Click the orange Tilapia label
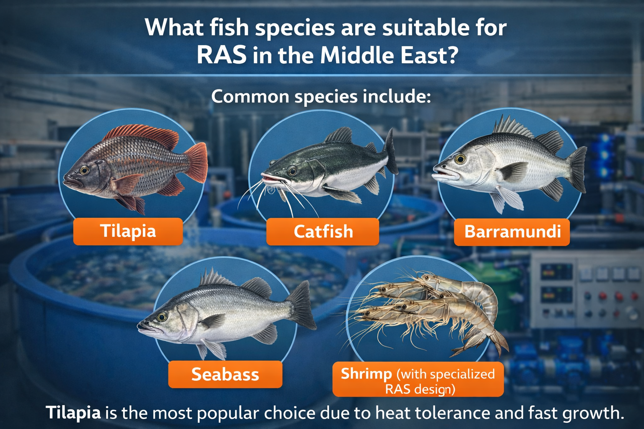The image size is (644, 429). (128, 231)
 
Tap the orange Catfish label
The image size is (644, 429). (322, 232)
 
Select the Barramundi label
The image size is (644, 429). (512, 232)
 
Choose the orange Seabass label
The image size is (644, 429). (225, 374)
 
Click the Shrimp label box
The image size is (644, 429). (418, 379)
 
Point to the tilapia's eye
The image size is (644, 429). (84, 170)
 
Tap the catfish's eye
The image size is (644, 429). (292, 171)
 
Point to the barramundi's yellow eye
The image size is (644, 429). (460, 159)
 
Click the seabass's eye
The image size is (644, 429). (161, 317)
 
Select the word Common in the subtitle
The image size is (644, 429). (250, 96)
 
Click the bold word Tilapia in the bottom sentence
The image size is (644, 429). (73, 413)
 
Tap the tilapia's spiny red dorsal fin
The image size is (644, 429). (141, 135)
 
